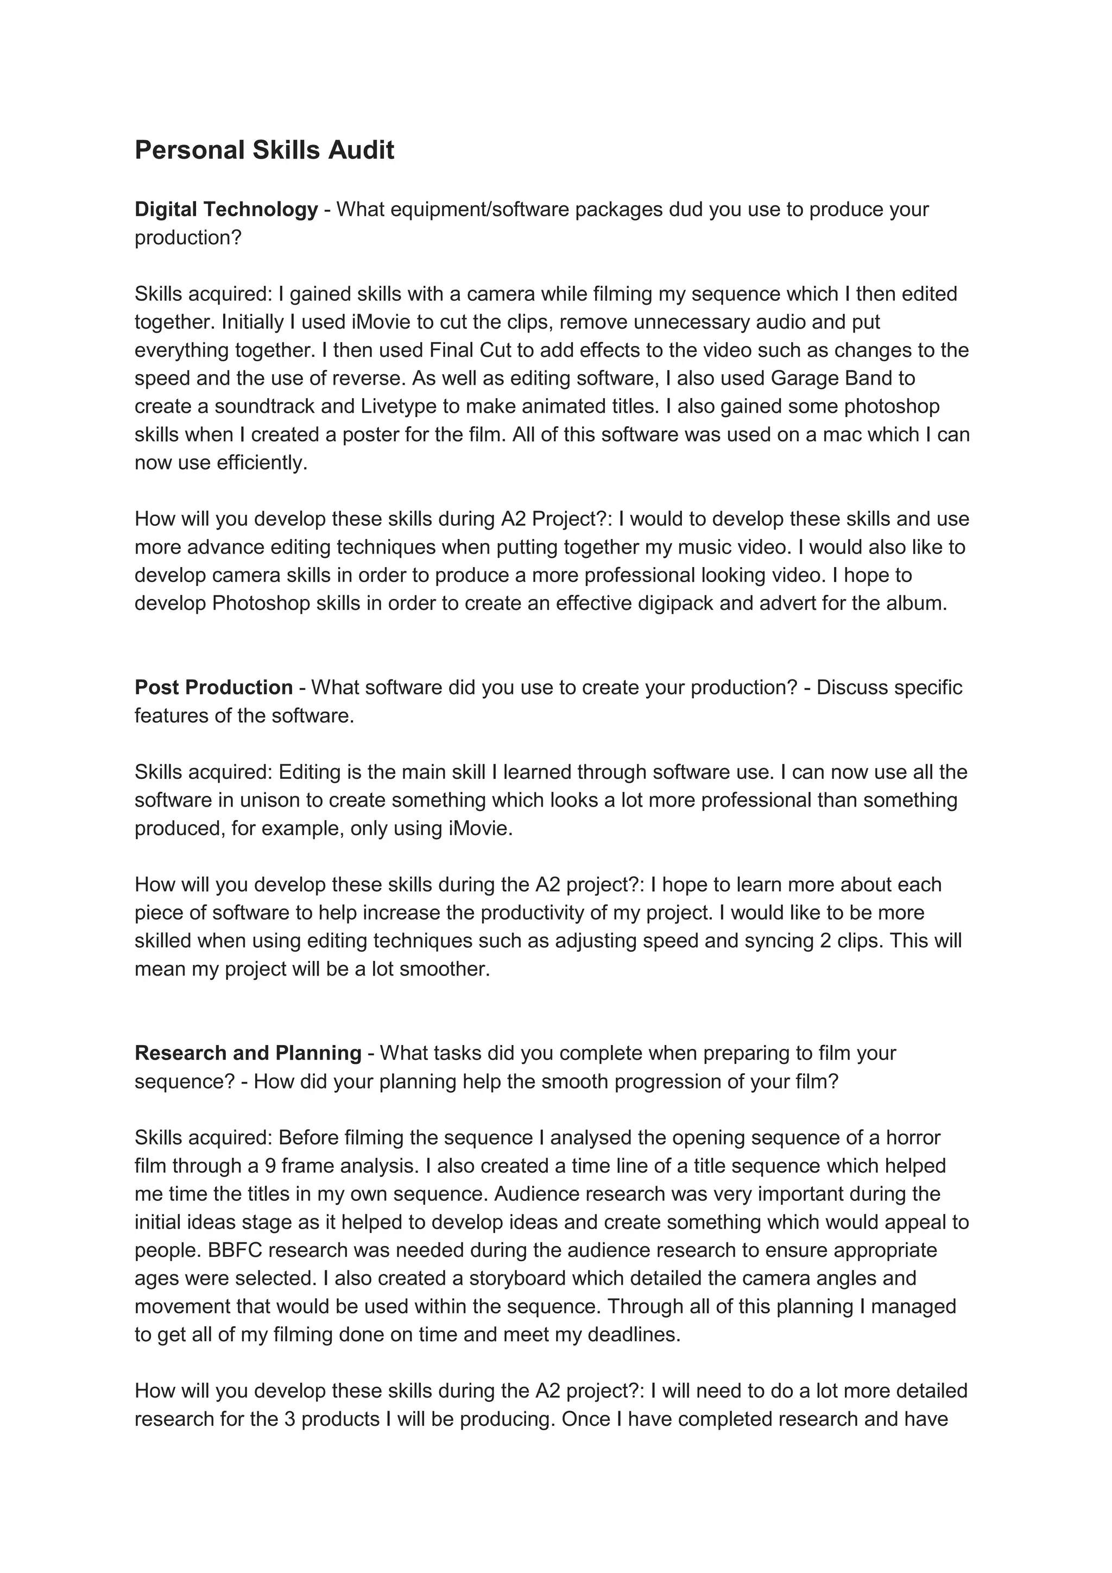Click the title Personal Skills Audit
point(264,150)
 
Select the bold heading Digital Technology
point(226,209)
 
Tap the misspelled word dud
point(686,209)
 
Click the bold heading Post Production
point(213,687)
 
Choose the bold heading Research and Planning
point(248,1053)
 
